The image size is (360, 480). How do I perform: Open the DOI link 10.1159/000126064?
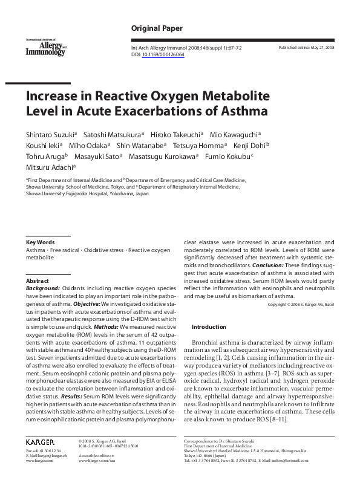pos(163,54)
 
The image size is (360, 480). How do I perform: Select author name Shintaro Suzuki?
pos(49,134)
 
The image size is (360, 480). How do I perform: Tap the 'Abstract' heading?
pos(37,282)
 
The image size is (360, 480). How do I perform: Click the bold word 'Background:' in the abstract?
pos(43,290)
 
